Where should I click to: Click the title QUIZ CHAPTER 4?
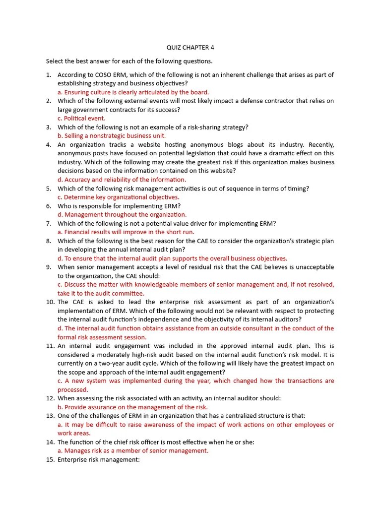click(190, 48)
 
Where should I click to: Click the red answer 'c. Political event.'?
click(81, 119)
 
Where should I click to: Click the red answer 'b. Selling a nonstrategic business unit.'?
click(112, 136)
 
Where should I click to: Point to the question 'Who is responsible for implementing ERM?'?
click(119, 206)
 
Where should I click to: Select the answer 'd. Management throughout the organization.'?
click(122, 215)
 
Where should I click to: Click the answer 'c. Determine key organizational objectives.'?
click(118, 197)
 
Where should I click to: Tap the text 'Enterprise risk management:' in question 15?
click(99, 459)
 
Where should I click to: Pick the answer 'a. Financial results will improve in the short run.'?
click(126, 232)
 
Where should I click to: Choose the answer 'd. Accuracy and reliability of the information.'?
click(122, 180)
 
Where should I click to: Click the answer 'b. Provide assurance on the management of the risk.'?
click(132, 407)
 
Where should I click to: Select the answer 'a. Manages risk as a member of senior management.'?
click(133, 451)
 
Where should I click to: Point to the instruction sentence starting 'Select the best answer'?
click(129, 62)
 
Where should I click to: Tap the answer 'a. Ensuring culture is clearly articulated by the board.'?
click(133, 92)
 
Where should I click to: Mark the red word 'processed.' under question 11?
click(73, 390)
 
